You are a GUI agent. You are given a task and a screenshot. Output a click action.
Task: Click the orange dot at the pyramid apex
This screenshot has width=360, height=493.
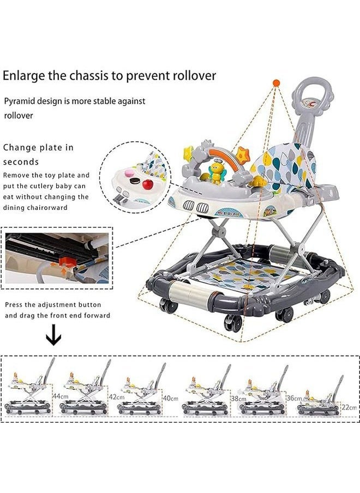point(276,83)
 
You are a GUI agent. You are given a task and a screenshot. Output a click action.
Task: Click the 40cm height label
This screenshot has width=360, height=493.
point(171,398)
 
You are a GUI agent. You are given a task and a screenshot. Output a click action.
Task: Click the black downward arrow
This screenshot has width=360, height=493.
point(53,338)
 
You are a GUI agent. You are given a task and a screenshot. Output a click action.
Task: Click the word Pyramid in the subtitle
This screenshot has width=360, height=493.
point(20,101)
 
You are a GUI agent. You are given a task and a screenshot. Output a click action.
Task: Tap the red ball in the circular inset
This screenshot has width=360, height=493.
point(147,185)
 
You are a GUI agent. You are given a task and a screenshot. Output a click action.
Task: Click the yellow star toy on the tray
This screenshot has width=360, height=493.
point(189,152)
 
